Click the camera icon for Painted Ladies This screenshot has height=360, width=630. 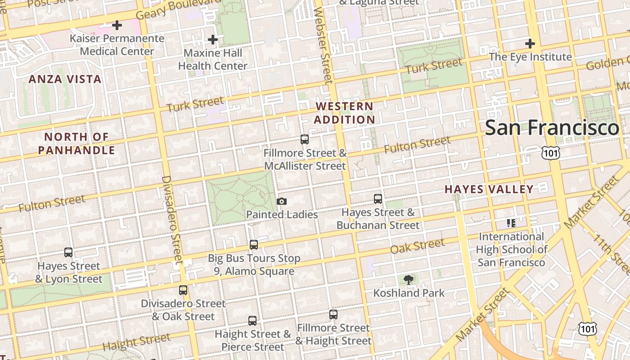click(x=282, y=201)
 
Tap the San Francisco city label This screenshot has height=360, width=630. click(x=552, y=128)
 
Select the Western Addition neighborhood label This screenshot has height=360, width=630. click(x=344, y=113)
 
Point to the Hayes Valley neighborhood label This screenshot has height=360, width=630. click(x=489, y=189)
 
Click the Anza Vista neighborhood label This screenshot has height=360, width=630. click(x=65, y=79)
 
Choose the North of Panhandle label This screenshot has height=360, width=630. click(x=76, y=144)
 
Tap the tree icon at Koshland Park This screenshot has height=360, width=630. click(x=409, y=280)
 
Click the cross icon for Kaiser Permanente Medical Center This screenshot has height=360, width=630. click(x=117, y=25)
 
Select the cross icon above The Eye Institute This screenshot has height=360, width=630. click(x=530, y=44)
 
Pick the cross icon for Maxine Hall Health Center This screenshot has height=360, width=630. click(x=213, y=40)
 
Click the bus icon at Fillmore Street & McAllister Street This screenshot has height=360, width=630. click(x=305, y=139)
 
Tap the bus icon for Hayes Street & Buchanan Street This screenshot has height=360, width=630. click(x=378, y=198)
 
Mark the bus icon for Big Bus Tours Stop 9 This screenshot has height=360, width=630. click(x=254, y=245)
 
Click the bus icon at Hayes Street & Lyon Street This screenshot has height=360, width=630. click(x=68, y=252)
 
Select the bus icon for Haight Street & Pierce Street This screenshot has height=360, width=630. click(x=252, y=321)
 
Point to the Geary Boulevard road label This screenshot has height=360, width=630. click(x=178, y=9)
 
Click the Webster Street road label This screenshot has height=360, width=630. click(x=324, y=45)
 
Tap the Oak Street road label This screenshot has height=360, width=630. click(x=417, y=246)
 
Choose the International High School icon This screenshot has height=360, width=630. click(x=511, y=223)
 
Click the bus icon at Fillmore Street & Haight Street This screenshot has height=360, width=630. click(x=333, y=315)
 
